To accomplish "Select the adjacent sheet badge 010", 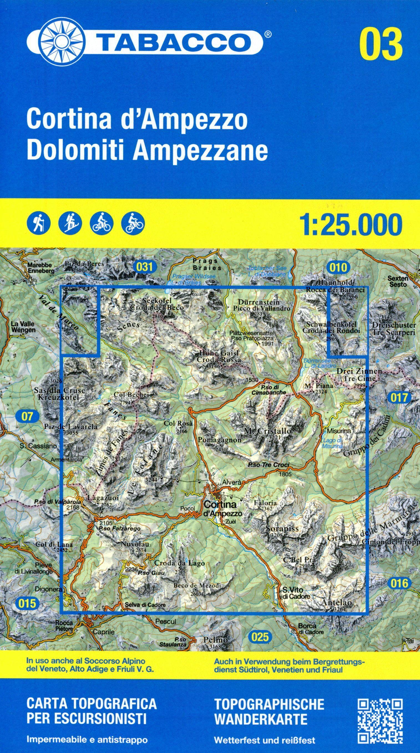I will click(x=338, y=267).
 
